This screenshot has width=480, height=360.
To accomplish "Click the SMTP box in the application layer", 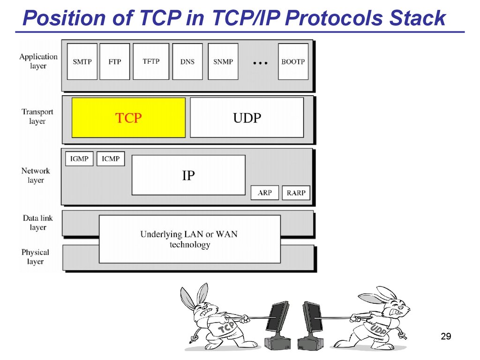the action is pyautogui.click(x=82, y=61).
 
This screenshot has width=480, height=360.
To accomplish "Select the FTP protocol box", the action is pyautogui.click(x=115, y=61).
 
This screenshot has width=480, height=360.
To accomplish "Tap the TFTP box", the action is pyautogui.click(x=151, y=61).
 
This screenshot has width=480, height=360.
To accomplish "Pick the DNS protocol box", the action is pyautogui.click(x=187, y=61).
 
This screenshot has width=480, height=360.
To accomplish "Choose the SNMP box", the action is pyautogui.click(x=223, y=61).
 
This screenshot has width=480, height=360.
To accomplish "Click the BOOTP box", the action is pyautogui.click(x=293, y=61).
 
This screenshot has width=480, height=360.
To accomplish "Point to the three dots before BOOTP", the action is pyautogui.click(x=260, y=63).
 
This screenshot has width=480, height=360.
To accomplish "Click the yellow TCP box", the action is pyautogui.click(x=128, y=118).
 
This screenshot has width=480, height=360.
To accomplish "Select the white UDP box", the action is pyautogui.click(x=247, y=118).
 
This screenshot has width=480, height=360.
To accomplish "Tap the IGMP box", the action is pyautogui.click(x=79, y=159).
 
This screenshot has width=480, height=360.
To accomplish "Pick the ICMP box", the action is pyautogui.click(x=111, y=159).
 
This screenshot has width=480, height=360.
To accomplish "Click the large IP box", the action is pyautogui.click(x=188, y=175).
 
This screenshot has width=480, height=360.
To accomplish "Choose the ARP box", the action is pyautogui.click(x=265, y=193).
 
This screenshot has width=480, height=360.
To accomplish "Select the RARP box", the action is pyautogui.click(x=296, y=193).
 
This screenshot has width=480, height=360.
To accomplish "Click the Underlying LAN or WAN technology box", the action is pyautogui.click(x=190, y=239).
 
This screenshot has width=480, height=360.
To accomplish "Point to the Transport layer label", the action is pyautogui.click(x=37, y=116).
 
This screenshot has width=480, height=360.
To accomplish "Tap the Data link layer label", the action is pyautogui.click(x=37, y=223).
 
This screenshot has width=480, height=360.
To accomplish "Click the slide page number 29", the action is pyautogui.click(x=446, y=336).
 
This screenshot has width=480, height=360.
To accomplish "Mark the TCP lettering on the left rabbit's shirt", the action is pyautogui.click(x=226, y=328).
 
